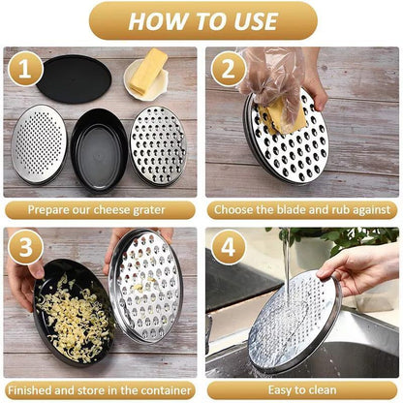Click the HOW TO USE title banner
click(x=201, y=20)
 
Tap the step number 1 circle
click(x=25, y=70)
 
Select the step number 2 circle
click(x=229, y=70)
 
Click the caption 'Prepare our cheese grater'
click(x=100, y=209)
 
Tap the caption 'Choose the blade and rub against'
click(x=302, y=209)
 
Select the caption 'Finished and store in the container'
click(x=100, y=389)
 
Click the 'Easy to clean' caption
click(x=302, y=389)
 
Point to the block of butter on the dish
click(x=146, y=77)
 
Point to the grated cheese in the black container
click(x=72, y=315)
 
